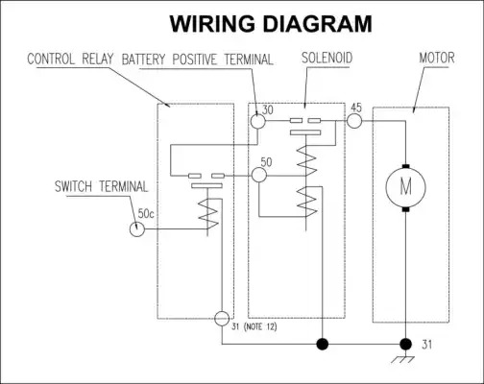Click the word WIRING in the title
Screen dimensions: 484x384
coord(212,24)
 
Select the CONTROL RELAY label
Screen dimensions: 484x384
coord(70,60)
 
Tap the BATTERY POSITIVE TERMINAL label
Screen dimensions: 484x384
coord(198,60)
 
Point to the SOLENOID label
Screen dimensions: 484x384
coord(327,58)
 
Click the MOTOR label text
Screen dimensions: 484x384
coord(437,58)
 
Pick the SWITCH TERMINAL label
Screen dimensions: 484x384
coord(101,186)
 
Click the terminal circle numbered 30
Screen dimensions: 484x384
coord(257,121)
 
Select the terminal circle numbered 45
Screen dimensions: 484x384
coord(354,121)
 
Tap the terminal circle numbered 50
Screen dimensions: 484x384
coord(258,175)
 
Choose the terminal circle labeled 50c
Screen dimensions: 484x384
coord(137,229)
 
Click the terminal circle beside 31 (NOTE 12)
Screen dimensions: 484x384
coord(222,319)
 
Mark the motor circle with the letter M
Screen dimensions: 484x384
coord(405,187)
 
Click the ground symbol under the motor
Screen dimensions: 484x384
coord(402,359)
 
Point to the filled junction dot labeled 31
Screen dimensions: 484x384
coord(406,345)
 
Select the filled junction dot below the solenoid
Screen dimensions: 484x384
coord(323,345)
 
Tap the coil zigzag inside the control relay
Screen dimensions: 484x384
coord(208,214)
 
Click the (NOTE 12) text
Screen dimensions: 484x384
coord(260,327)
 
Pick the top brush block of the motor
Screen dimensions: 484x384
coord(405,166)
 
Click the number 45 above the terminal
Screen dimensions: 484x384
coord(356,108)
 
